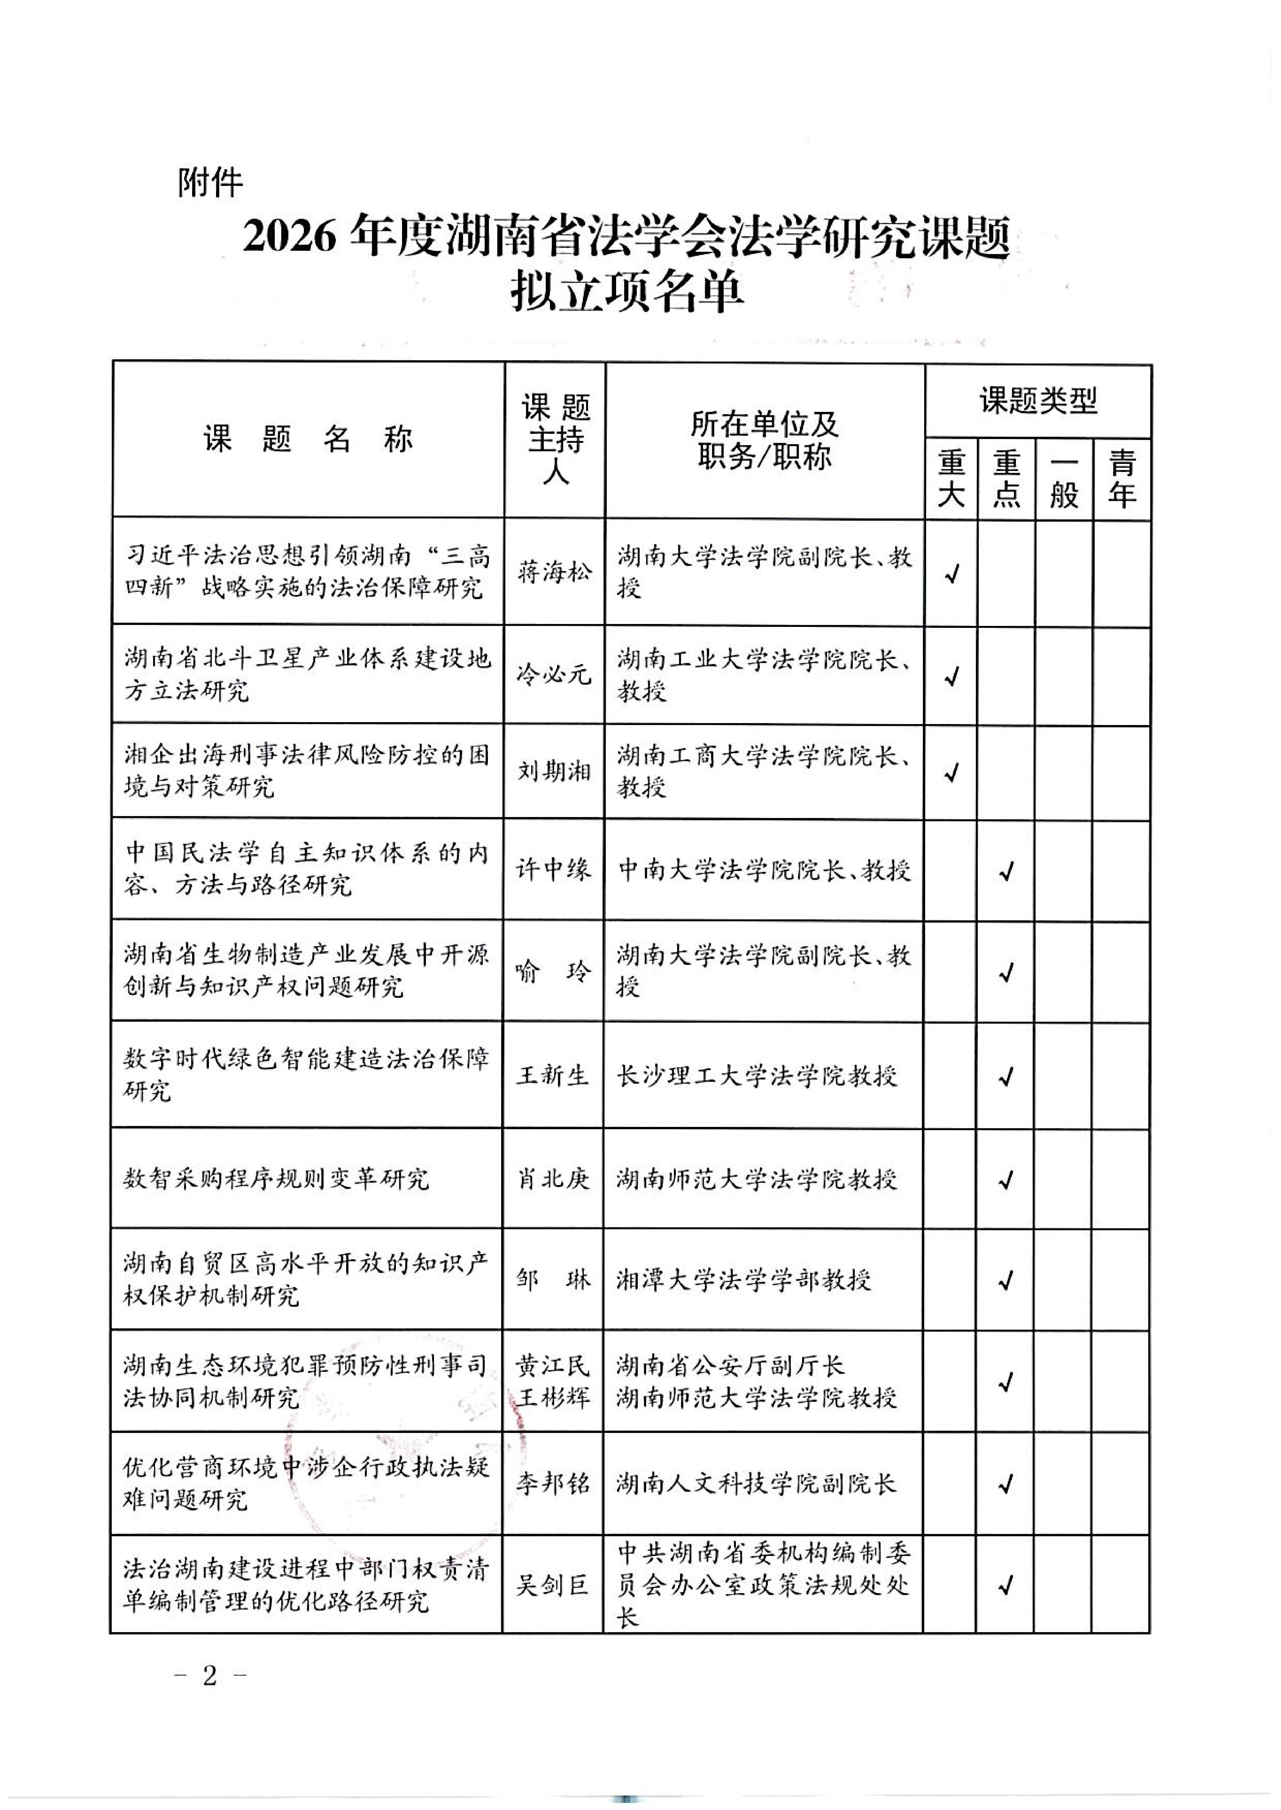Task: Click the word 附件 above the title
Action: [210, 183]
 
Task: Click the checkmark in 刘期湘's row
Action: [951, 772]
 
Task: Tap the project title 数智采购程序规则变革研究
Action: [276, 1179]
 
